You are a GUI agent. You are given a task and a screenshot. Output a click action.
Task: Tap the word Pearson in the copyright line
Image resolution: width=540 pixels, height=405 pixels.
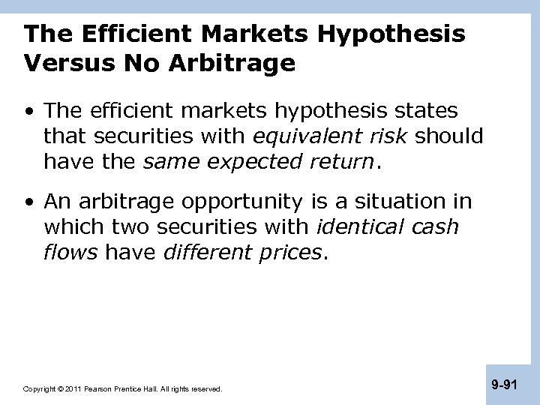point(99,389)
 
